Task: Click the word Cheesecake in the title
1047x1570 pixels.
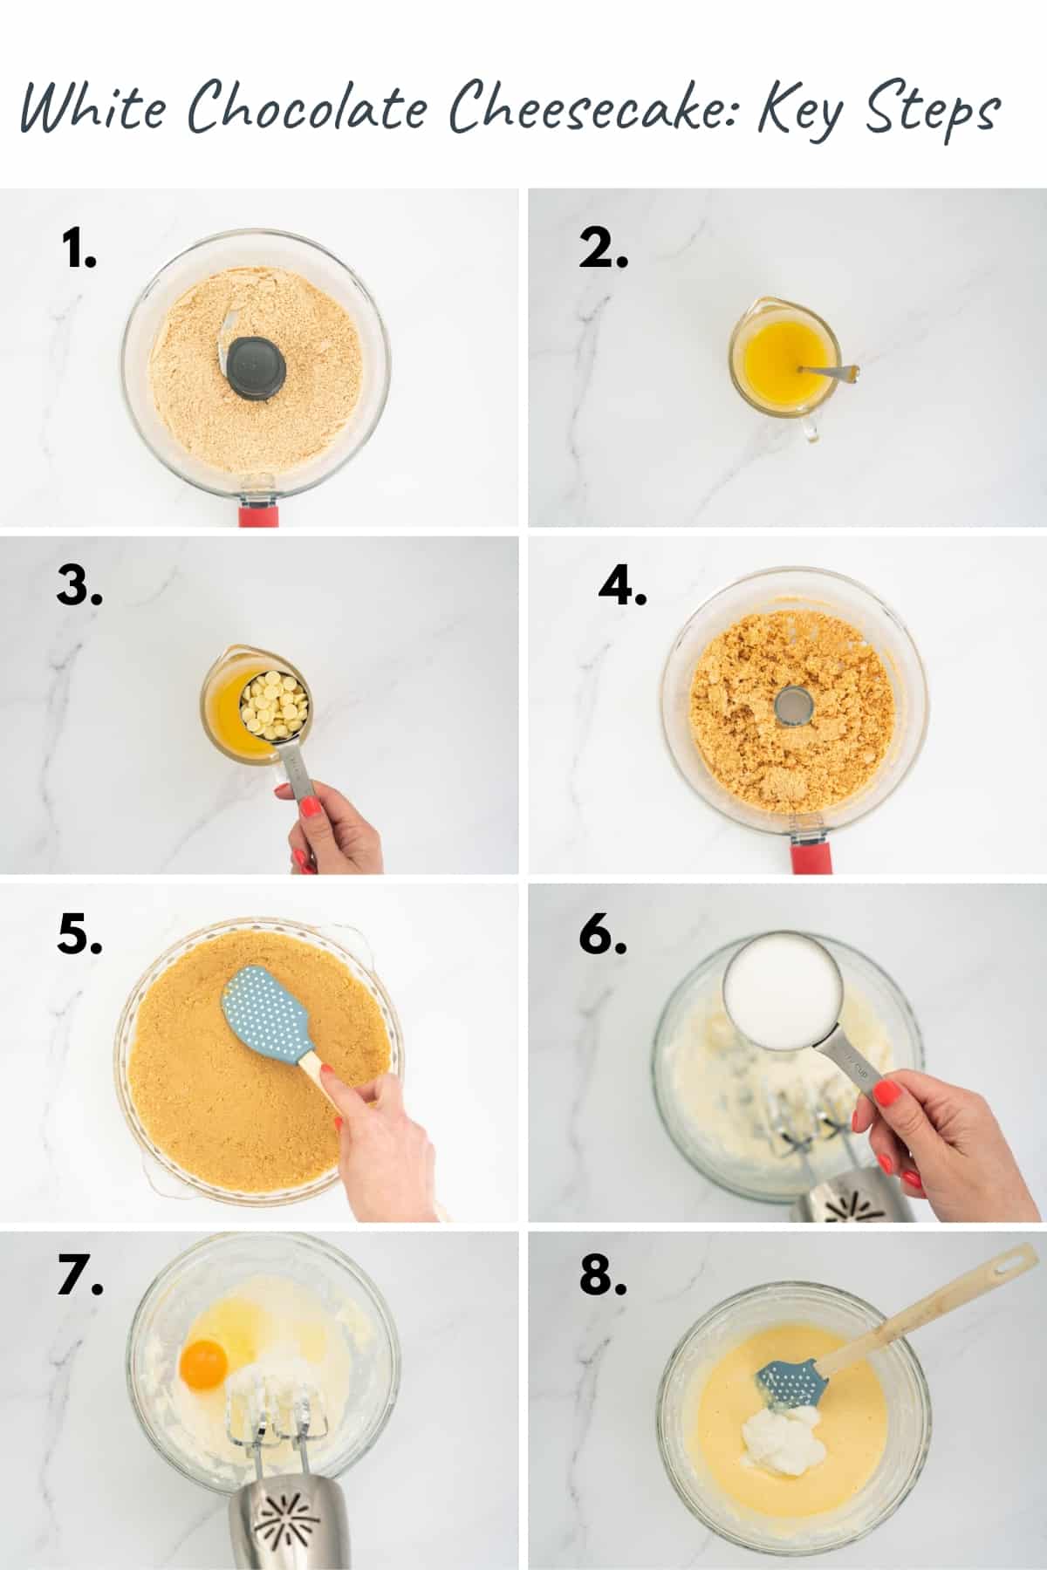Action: coord(594,108)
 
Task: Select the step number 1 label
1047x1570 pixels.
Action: coord(79,250)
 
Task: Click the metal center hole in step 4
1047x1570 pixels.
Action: coord(792,705)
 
